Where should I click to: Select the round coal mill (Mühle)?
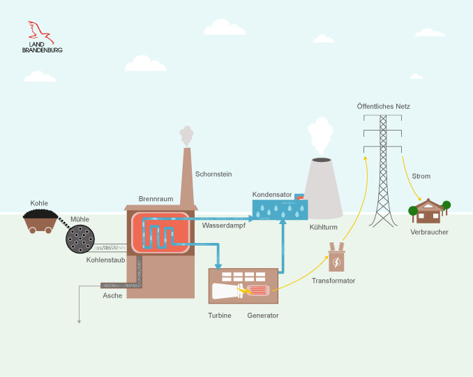81,239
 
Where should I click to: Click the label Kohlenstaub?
105,260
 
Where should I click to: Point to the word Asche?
112,295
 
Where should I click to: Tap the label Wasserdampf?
224,226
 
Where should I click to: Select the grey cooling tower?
322,188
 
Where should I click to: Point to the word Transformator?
333,281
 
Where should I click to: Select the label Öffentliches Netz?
383,106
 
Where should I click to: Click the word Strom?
421,176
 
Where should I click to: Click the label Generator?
263,316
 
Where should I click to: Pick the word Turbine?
220,316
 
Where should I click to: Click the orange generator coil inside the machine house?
257,290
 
